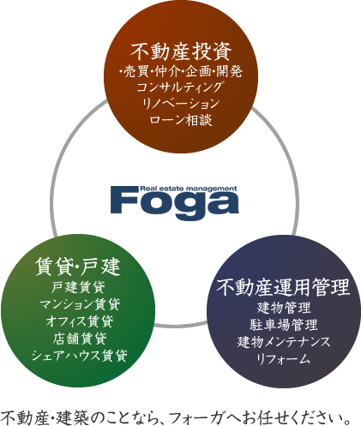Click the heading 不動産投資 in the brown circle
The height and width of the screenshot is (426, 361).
point(181,51)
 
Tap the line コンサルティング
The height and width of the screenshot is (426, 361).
point(180,87)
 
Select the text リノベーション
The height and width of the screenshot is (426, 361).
point(181,103)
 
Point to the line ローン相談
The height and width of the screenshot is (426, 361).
point(181,120)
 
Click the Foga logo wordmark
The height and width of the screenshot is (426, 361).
point(174,202)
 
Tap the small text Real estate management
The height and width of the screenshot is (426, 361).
point(189,189)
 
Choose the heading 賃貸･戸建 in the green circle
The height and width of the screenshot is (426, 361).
point(78,267)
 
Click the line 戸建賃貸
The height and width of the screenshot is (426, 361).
point(78,287)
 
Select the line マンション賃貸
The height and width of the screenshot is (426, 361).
point(79,304)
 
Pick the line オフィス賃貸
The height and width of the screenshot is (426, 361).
point(80,321)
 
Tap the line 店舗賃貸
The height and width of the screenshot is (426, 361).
point(80,339)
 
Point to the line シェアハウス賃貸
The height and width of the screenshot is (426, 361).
point(79,356)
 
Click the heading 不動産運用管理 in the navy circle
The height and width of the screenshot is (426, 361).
point(283,287)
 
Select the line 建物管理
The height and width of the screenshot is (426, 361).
point(284,308)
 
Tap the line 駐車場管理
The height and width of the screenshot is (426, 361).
point(284,324)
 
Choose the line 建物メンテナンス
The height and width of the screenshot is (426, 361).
point(284,341)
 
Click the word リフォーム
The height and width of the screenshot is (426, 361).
point(284,358)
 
